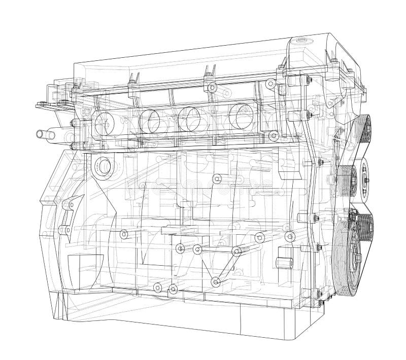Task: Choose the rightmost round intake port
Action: click(241, 115)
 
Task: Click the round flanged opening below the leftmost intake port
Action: click(103, 166)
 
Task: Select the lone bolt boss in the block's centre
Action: click(217, 178)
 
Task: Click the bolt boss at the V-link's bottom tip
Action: click(216, 280)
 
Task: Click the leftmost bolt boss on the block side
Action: click(123, 234)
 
